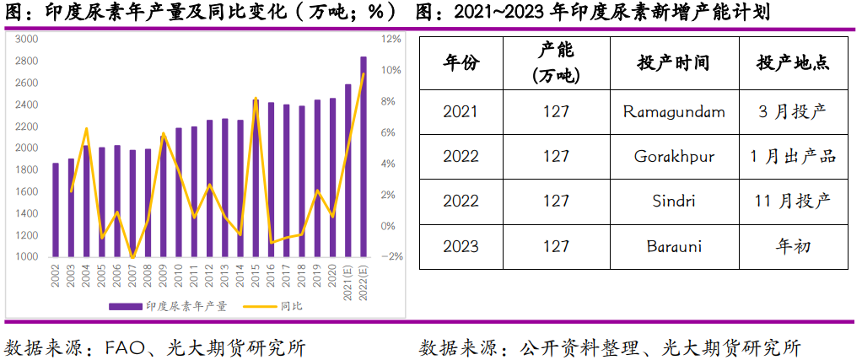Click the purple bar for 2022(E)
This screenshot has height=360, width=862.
[364, 157]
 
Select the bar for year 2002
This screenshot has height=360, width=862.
[56, 210]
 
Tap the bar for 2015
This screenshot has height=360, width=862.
[256, 178]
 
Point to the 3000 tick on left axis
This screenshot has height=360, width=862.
[26, 39]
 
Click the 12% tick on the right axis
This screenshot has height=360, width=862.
[391, 39]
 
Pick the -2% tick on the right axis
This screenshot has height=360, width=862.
[391, 256]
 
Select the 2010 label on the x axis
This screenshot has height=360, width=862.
[179, 275]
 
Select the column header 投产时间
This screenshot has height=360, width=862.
[673, 63]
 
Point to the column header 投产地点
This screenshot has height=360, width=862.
[792, 63]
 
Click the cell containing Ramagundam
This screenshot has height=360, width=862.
[673, 111]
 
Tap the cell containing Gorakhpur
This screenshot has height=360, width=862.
[673, 156]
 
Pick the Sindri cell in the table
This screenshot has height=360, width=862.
[673, 201]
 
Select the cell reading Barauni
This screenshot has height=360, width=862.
[673, 246]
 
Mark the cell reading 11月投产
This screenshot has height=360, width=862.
[792, 201]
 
